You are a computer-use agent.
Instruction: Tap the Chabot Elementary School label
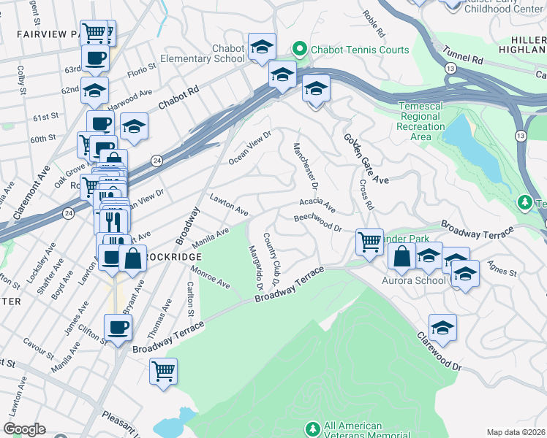(x=218, y=53)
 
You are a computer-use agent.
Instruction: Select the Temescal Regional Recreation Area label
(x=420, y=121)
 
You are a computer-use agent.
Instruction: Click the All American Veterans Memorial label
(x=353, y=430)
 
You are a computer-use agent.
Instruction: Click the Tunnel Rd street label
(x=464, y=57)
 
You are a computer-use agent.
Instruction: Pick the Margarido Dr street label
(x=257, y=266)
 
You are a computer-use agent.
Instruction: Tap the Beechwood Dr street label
(x=318, y=223)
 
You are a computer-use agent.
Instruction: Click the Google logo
(x=24, y=429)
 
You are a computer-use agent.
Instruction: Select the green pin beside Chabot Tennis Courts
(x=299, y=50)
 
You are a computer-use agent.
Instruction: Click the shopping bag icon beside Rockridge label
(x=132, y=259)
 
